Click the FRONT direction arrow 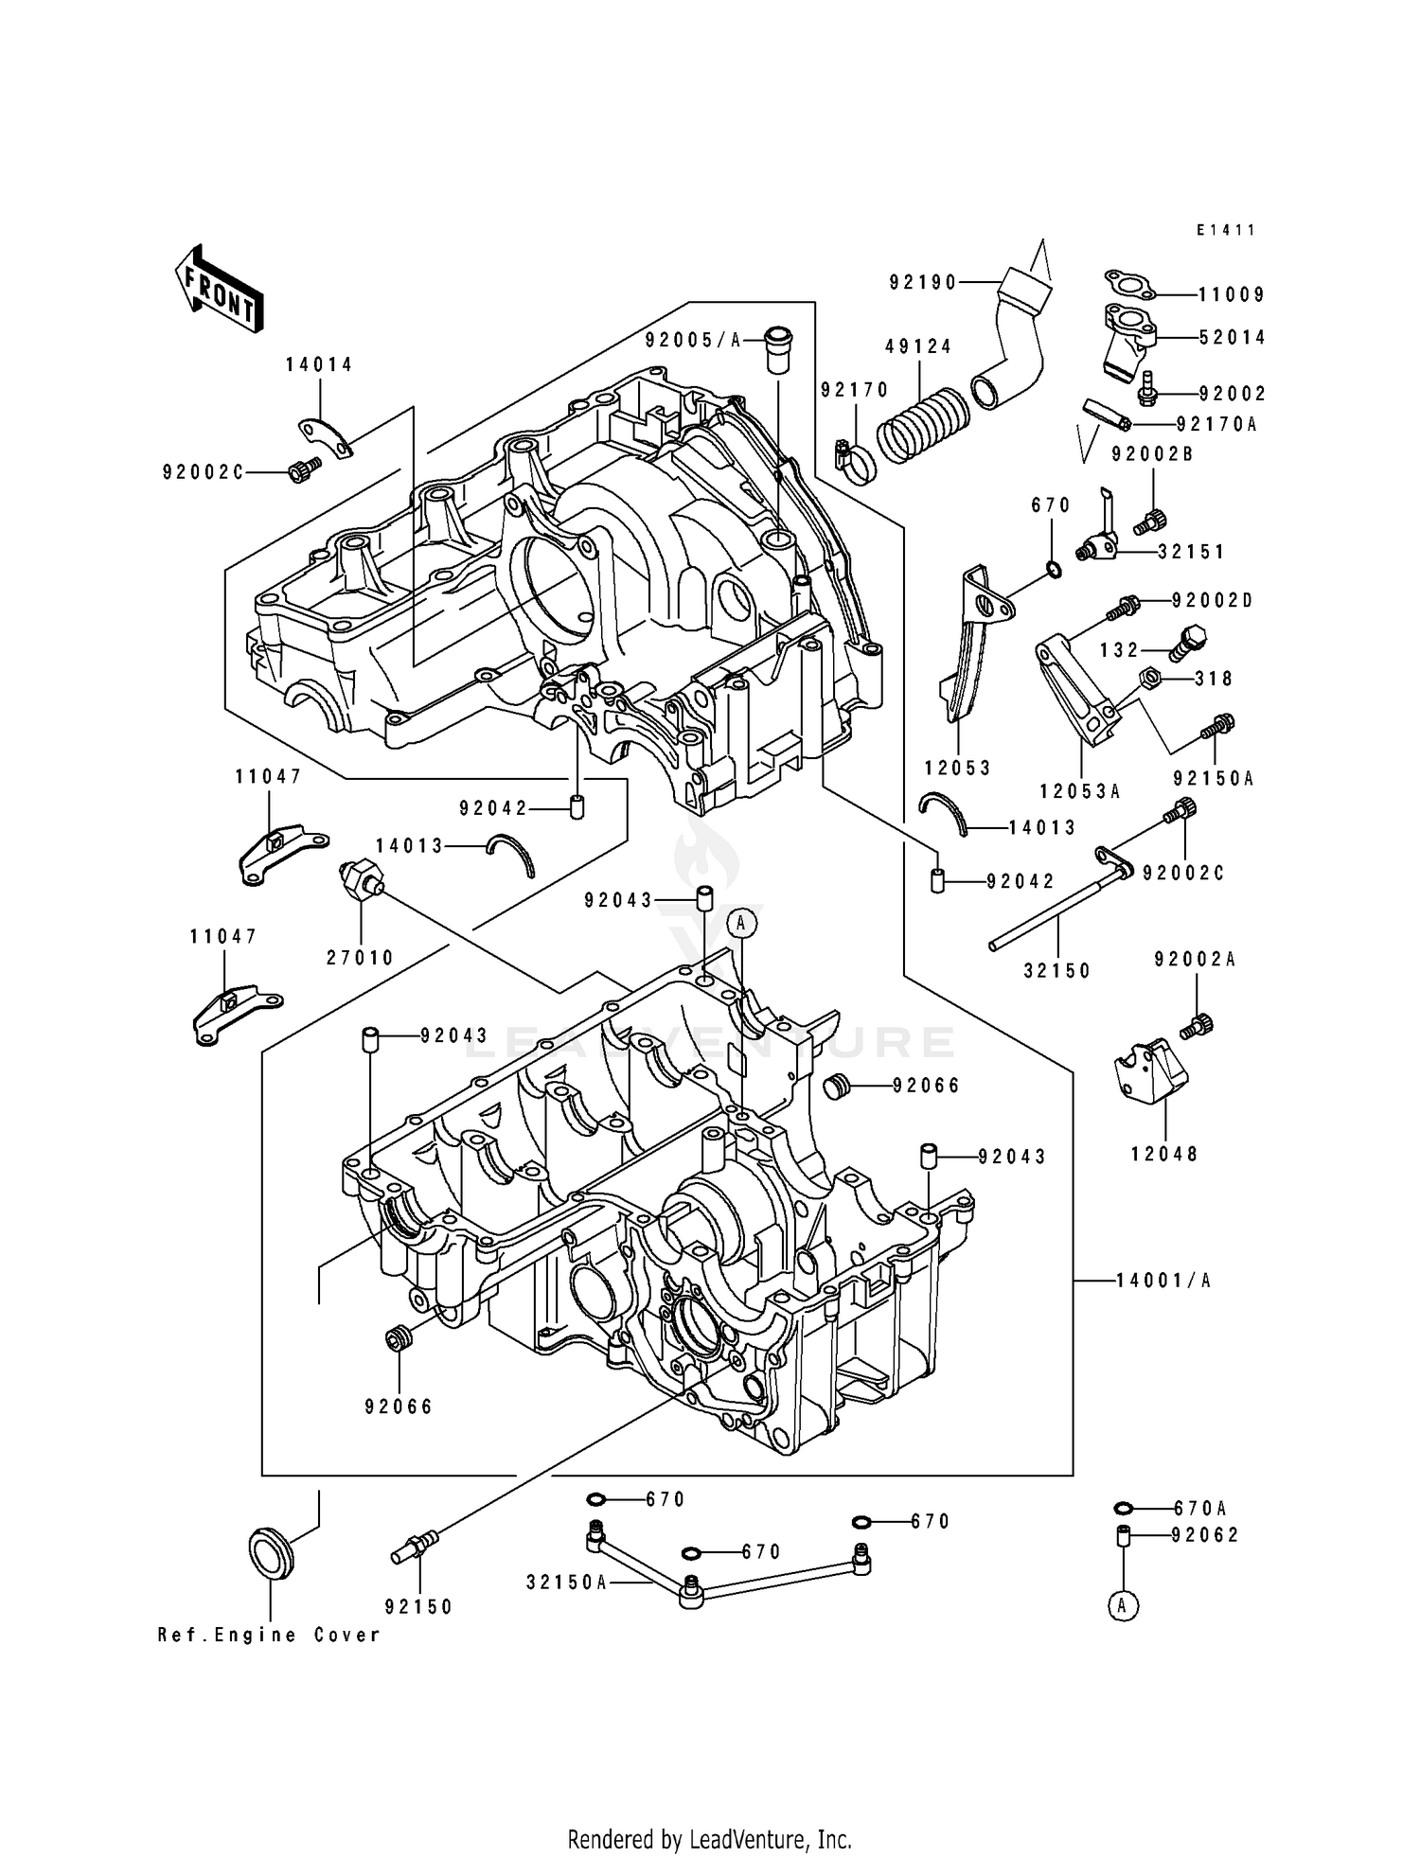tap(219, 289)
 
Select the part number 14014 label tap(319, 364)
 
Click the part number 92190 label tap(922, 282)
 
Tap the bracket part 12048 tap(1151, 1079)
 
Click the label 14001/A tap(1163, 1282)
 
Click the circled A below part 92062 tap(1123, 1605)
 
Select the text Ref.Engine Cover tap(269, 1635)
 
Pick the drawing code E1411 tap(1225, 230)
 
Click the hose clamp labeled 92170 tap(857, 462)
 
